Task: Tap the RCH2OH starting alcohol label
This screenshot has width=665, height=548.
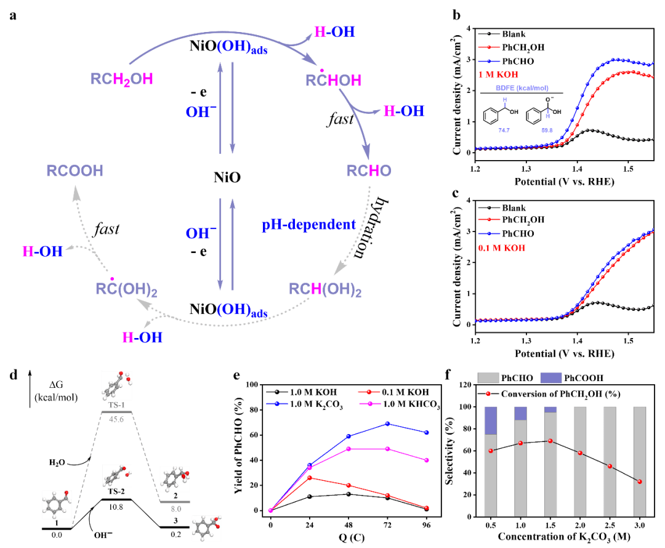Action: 122,79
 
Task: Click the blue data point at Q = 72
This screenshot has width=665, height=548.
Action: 387,424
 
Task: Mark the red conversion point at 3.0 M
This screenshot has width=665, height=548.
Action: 640,482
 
